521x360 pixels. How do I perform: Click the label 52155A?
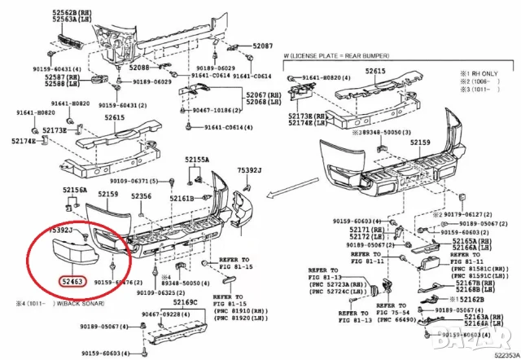[x=196, y=160]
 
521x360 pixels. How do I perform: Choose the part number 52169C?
[x=186, y=302]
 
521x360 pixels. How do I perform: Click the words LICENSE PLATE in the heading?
[x=323, y=55]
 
